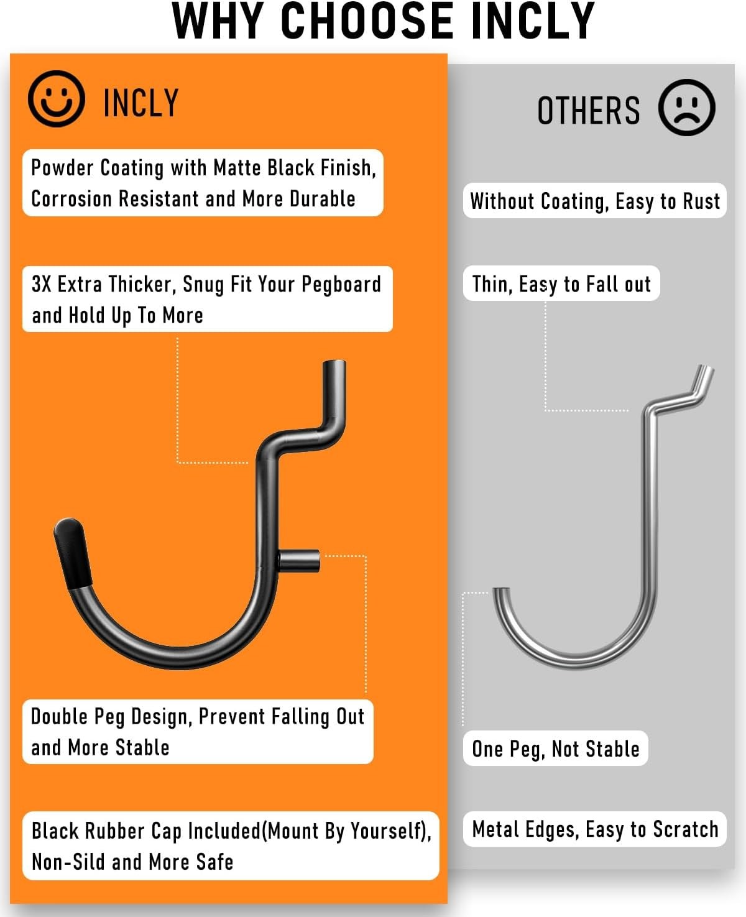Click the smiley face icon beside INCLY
pos(57,99)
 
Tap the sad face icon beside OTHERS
pos(686,107)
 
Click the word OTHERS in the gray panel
pos(589,110)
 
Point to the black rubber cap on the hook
pos(72,553)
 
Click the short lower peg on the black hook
pos(299,561)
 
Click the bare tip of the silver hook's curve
pos(501,590)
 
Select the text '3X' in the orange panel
pos(41,284)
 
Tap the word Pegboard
pos(341,285)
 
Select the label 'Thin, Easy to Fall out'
pos(561,284)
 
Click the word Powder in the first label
pos(62,167)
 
